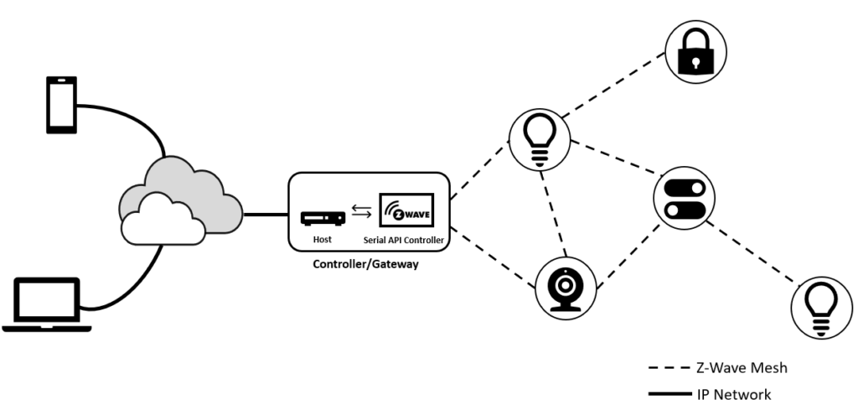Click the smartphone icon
pyautogui.click(x=61, y=104)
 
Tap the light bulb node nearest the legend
pyautogui.click(x=821, y=306)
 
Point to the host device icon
pyautogui.click(x=322, y=219)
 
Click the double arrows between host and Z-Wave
pyautogui.click(x=362, y=212)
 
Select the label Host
pyautogui.click(x=321, y=241)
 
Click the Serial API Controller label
pyautogui.click(x=404, y=241)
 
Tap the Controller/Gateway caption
pyautogui.click(x=364, y=265)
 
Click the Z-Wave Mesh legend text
pyautogui.click(x=742, y=367)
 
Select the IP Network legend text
pyautogui.click(x=734, y=393)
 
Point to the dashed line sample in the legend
pyautogui.click(x=667, y=368)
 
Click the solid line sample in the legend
pyautogui.click(x=667, y=393)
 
